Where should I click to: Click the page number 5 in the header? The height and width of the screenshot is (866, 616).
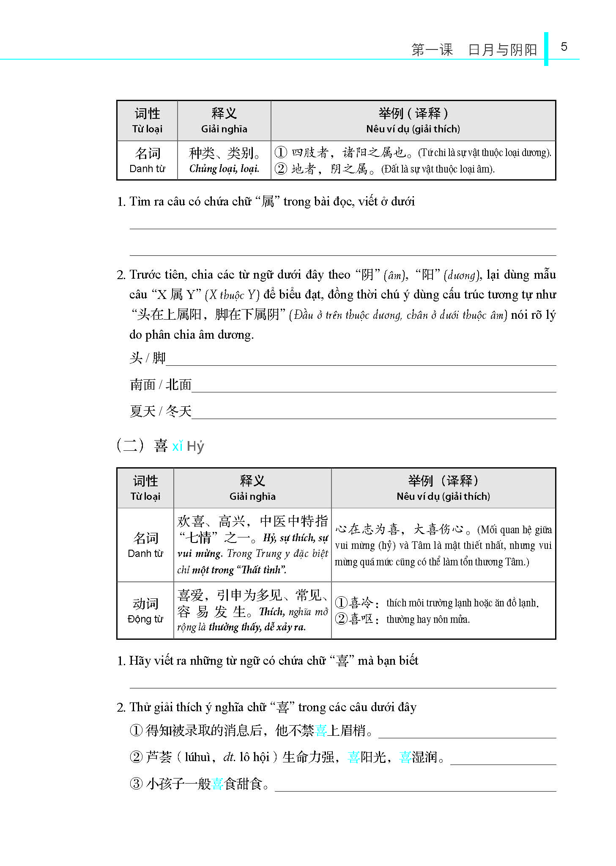pyautogui.click(x=564, y=47)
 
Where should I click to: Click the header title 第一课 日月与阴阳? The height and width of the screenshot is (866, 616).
pyautogui.click(x=474, y=50)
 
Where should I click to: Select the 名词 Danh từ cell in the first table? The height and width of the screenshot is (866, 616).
pyautogui.click(x=147, y=160)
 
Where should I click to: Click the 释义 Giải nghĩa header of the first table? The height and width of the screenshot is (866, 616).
pyautogui.click(x=224, y=120)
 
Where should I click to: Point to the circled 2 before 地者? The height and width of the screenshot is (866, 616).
pyautogui.click(x=281, y=169)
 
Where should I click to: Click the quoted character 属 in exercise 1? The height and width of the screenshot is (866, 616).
pyautogui.click(x=268, y=202)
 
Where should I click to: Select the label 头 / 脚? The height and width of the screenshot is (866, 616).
pyautogui.click(x=147, y=358)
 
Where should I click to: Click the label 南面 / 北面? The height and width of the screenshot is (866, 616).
pyautogui.click(x=161, y=385)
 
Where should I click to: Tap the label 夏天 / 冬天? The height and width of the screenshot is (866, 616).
pyautogui.click(x=161, y=411)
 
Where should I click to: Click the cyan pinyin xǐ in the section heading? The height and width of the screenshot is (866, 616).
pyautogui.click(x=178, y=446)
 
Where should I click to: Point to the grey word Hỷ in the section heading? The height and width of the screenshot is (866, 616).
pyautogui.click(x=195, y=447)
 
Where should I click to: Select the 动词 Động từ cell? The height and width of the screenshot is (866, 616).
pyautogui.click(x=145, y=610)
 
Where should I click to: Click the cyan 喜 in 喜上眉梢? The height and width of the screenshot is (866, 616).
pyautogui.click(x=321, y=730)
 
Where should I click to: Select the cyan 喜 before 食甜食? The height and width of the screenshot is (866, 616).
pyautogui.click(x=217, y=784)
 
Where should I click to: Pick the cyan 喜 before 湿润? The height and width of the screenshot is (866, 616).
pyautogui.click(x=405, y=757)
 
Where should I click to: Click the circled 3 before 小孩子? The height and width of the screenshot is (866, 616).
pyautogui.click(x=136, y=784)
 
